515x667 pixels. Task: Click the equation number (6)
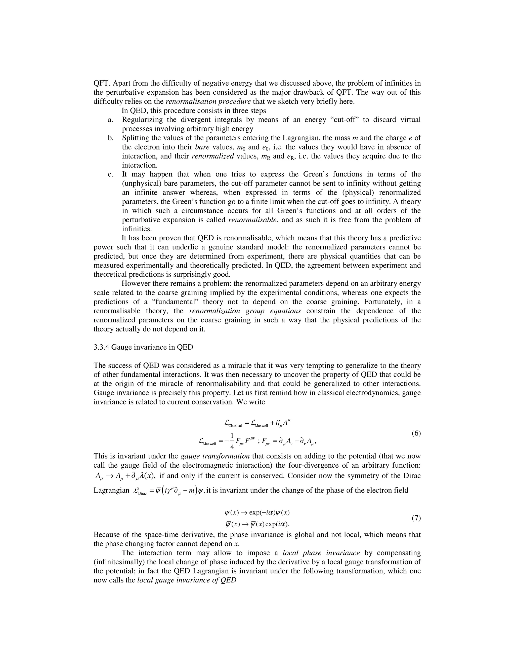416,433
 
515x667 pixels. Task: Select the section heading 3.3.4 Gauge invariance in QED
143,347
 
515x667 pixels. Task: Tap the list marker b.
110,138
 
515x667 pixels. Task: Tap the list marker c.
110,174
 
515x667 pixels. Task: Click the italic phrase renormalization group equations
245,311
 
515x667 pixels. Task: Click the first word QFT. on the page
102,83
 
